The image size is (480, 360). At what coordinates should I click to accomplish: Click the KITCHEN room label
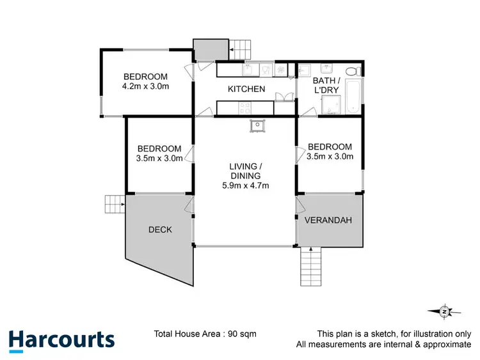[246, 89]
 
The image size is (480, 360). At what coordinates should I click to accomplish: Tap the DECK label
[160, 230]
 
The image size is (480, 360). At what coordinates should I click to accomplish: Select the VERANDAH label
[328, 220]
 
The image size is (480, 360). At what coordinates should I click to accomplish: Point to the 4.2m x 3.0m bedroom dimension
[145, 87]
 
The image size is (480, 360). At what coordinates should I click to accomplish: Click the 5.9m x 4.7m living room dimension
[245, 186]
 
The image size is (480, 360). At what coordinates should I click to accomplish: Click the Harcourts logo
[61, 340]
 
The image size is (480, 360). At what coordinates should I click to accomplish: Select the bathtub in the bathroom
[353, 97]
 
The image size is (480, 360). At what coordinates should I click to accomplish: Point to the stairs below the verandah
[310, 267]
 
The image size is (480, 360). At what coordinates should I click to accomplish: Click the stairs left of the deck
[115, 204]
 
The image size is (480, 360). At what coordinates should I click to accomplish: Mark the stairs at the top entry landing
[242, 49]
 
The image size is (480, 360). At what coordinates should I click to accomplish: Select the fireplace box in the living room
[257, 125]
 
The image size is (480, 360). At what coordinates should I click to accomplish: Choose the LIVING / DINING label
[246, 171]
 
